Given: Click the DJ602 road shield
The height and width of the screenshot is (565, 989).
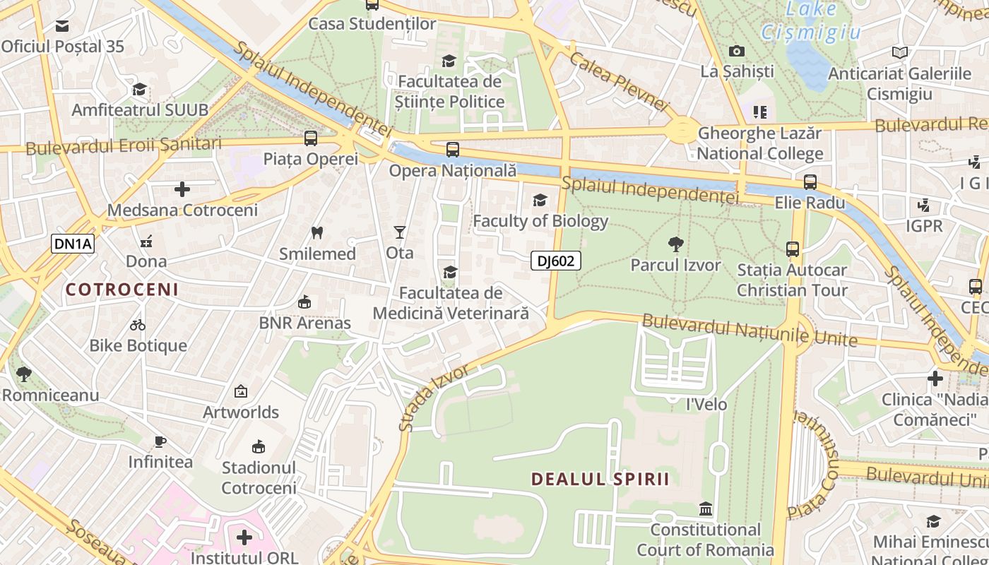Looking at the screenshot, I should [556, 261].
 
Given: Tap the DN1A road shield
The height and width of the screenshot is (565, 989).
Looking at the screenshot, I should [73, 244].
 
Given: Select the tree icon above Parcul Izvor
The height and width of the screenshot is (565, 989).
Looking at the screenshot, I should [675, 245].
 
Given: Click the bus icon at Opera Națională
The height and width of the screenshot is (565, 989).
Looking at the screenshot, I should [453, 150].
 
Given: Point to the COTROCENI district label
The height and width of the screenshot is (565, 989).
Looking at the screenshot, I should [122, 290].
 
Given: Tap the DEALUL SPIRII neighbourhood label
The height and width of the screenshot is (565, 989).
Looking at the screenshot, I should [600, 479].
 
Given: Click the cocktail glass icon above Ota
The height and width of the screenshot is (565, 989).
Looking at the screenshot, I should [400, 232].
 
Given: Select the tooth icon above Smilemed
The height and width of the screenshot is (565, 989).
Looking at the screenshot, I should [317, 232].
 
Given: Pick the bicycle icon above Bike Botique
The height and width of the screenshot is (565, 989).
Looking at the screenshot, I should [138, 325].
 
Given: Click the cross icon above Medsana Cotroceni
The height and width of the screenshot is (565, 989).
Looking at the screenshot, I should [182, 189].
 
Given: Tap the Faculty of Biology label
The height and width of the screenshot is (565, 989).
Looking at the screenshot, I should [540, 221].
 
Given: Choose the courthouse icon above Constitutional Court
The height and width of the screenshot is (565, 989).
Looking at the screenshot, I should [705, 509].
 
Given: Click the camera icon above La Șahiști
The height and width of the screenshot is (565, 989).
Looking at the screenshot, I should [737, 51].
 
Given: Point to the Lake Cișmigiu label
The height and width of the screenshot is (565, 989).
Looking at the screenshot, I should [812, 21].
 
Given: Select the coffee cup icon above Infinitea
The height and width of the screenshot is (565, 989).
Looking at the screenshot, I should [160, 442].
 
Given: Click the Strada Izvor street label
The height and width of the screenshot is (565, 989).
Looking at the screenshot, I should [434, 397].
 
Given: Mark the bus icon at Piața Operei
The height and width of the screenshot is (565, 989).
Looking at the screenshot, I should [311, 138].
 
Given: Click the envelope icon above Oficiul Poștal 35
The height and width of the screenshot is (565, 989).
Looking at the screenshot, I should [62, 26].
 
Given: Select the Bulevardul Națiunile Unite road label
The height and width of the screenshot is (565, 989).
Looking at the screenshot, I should [749, 331].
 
